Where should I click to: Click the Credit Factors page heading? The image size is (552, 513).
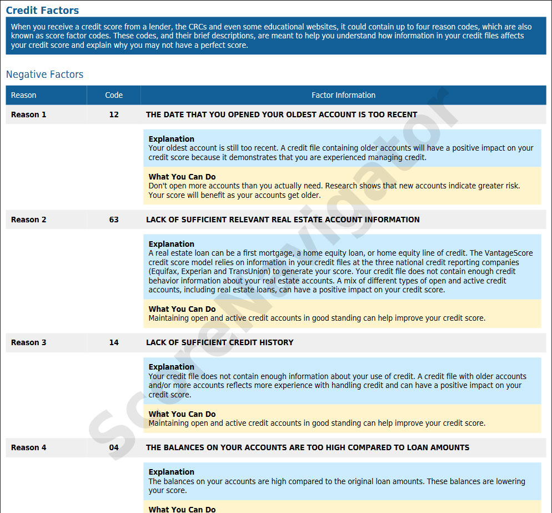click(42, 11)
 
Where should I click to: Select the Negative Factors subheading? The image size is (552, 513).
click(44, 74)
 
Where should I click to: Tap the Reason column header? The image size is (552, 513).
click(23, 95)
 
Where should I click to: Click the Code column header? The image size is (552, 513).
click(114, 95)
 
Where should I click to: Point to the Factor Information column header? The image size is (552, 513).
click(343, 95)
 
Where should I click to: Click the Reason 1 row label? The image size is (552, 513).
click(29, 114)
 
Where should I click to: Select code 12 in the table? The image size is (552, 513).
click(114, 114)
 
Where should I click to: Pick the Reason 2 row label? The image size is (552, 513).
click(29, 220)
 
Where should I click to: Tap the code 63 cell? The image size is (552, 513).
click(114, 220)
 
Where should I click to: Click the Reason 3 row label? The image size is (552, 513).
click(29, 342)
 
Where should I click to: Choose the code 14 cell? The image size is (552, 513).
click(114, 342)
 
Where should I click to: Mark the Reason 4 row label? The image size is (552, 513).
click(29, 447)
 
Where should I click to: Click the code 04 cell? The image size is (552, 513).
click(114, 447)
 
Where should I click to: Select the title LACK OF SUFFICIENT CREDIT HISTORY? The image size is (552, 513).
click(219, 342)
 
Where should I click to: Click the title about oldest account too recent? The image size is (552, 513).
click(282, 114)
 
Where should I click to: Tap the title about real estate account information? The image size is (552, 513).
click(283, 220)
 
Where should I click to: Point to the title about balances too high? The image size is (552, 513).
click(308, 447)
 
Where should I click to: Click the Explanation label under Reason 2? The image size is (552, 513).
click(172, 244)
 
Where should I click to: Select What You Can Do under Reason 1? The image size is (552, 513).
click(182, 177)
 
